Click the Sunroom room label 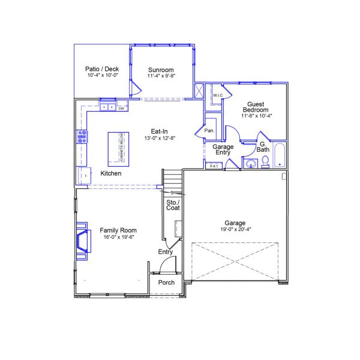point(161,70)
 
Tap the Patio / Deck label point(103,69)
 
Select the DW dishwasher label point(121,109)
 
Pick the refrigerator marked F point(84,175)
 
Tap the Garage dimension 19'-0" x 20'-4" point(235,229)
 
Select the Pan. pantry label point(209,130)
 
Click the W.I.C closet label point(218,95)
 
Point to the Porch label point(166,283)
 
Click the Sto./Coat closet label point(173,204)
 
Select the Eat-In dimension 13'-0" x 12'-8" point(159,138)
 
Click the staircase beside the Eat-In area point(172,179)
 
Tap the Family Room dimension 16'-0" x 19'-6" point(118,236)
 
